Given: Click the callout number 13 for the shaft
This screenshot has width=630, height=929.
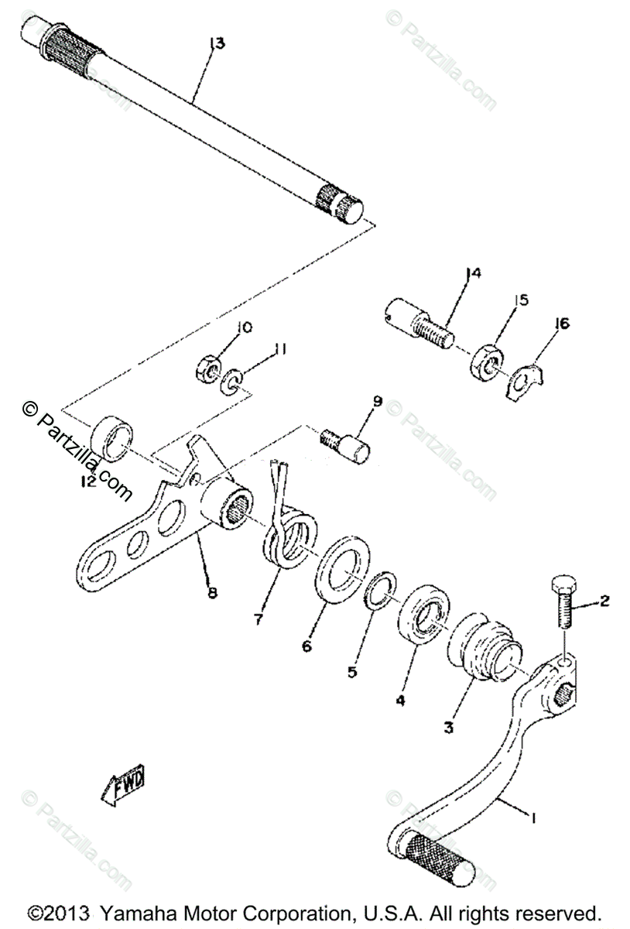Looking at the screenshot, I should tap(217, 44).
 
